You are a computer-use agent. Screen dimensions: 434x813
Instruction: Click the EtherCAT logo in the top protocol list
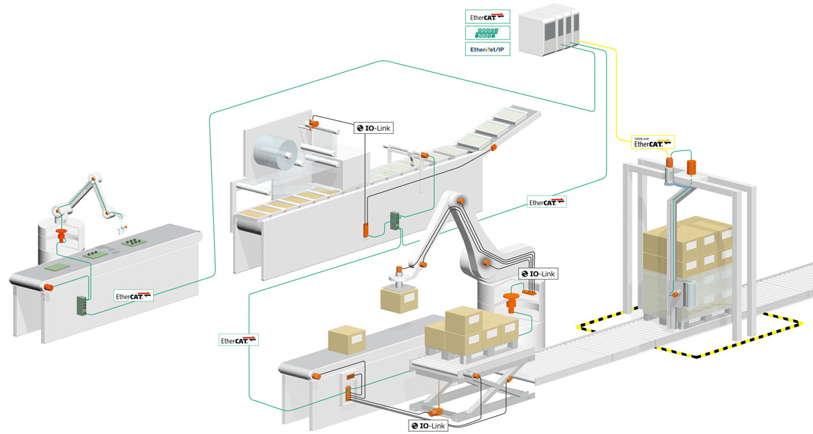tap(486, 15)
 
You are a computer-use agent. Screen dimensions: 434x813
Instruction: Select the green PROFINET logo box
tap(486, 32)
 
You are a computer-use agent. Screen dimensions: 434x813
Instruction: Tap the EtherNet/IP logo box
tap(486, 49)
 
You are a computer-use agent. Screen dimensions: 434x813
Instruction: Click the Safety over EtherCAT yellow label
tap(651, 141)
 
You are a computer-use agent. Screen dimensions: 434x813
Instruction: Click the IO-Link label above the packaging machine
tap(374, 127)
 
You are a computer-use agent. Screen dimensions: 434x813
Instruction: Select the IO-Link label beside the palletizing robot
tap(538, 273)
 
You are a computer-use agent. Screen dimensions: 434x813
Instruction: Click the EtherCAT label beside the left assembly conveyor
tap(133, 295)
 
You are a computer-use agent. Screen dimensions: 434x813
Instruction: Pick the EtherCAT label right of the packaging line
tap(547, 202)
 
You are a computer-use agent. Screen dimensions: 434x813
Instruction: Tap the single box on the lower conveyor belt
tap(347, 340)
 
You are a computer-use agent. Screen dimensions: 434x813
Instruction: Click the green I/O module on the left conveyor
tap(81, 305)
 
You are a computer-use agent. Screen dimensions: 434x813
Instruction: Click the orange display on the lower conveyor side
tap(350, 376)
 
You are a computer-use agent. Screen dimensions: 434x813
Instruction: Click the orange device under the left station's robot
tap(61, 235)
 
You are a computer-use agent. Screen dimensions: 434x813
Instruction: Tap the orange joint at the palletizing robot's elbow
tap(462, 201)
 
